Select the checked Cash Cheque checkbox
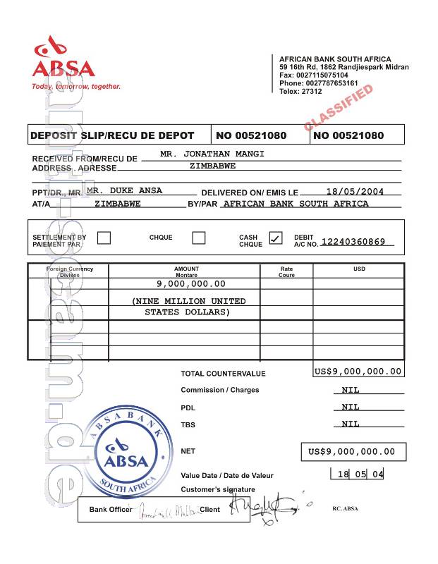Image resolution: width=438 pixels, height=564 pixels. tap(276, 238)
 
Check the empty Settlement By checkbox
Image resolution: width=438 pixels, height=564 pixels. tap(104, 238)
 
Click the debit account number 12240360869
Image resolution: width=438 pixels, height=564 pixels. tap(353, 242)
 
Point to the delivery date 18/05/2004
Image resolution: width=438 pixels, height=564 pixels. tap(355, 191)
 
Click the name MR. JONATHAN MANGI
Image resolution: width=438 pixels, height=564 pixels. tap(212, 153)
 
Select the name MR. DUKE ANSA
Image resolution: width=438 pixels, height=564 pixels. tap(124, 190)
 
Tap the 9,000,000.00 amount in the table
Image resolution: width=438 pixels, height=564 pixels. tap(191, 283)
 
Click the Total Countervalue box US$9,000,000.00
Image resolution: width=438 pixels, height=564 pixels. tap(358, 371)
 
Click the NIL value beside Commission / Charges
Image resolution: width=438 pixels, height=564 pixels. tap(351, 390)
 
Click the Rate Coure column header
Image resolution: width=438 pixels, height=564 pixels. tap(286, 271)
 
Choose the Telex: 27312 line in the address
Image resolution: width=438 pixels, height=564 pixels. tap(300, 92)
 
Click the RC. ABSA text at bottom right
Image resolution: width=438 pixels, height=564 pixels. tap(345, 508)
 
